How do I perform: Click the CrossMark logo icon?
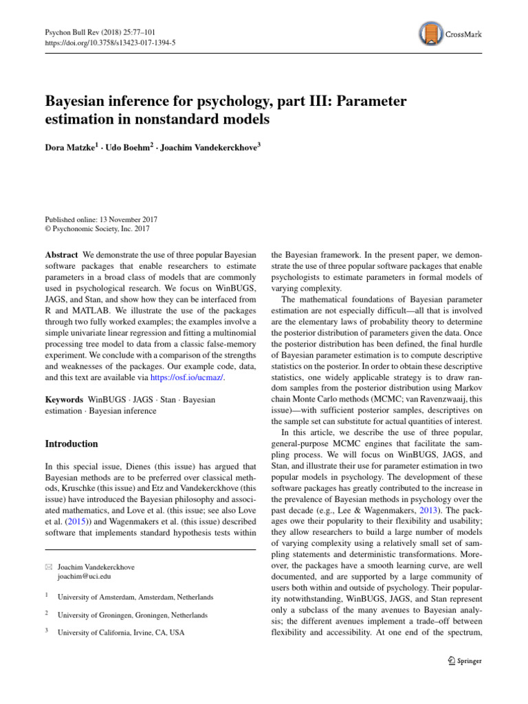(x=430, y=32)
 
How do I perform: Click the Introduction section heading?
(x=71, y=443)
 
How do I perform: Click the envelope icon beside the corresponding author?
(x=49, y=568)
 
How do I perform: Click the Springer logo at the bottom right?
(x=461, y=661)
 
